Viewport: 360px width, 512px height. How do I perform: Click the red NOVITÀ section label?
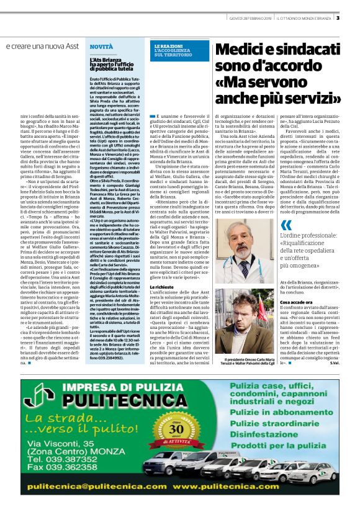(101, 47)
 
